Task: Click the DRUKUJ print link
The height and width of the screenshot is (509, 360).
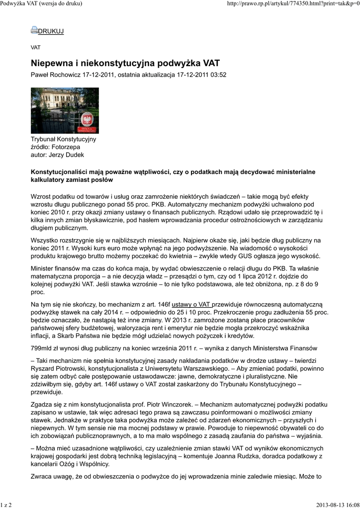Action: click(51, 31)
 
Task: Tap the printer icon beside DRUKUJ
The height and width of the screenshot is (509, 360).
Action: click(34, 30)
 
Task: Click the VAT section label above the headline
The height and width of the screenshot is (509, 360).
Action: click(36, 48)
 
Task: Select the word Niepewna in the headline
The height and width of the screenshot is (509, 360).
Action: click(54, 63)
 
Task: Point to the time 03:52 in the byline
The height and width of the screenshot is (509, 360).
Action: click(217, 75)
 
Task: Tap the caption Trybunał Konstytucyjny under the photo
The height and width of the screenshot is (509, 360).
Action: click(63, 139)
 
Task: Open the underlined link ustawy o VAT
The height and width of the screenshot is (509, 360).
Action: click(191, 304)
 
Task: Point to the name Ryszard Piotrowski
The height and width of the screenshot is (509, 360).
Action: click(61, 369)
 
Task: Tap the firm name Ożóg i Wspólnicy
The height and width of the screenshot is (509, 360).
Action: click(84, 464)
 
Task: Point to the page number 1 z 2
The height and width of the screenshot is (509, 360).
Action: click(6, 505)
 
